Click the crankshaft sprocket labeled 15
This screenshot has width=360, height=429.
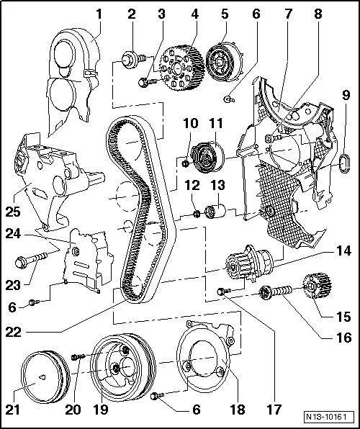[315, 289]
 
